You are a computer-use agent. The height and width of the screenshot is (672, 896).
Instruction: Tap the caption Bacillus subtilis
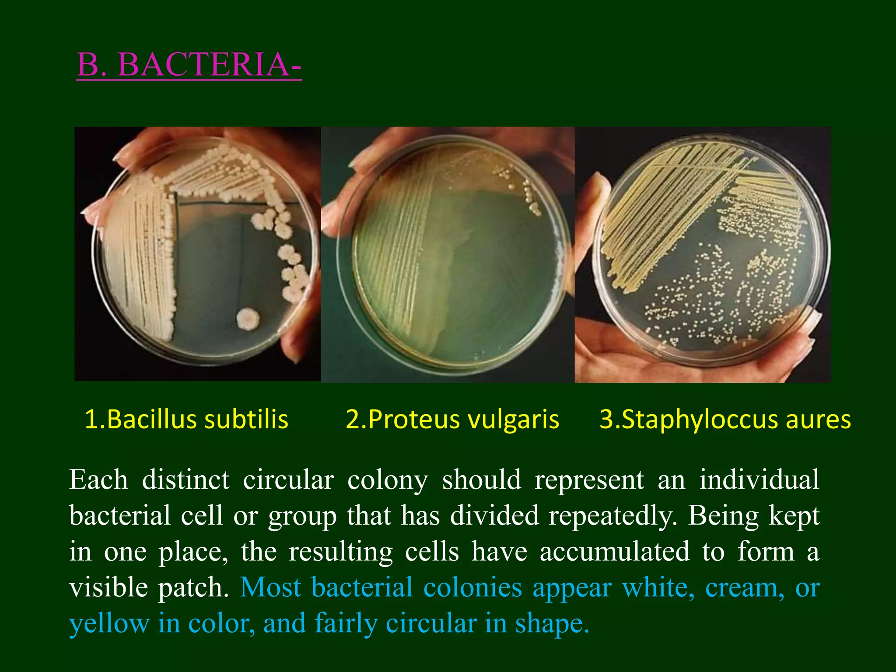click(186, 419)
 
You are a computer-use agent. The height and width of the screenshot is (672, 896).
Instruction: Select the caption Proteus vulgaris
click(453, 419)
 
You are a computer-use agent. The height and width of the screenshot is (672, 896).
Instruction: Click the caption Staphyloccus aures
click(725, 419)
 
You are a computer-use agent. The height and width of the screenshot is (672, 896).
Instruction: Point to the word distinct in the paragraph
click(185, 479)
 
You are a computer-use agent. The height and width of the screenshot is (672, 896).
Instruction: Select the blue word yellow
click(109, 624)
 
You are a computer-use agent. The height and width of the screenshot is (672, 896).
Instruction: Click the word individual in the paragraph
click(759, 479)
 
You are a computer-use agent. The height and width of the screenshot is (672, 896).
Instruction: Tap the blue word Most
click(270, 588)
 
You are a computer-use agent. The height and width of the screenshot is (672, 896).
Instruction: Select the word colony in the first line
click(388, 480)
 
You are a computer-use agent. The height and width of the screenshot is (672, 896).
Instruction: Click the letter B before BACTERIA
click(87, 65)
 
